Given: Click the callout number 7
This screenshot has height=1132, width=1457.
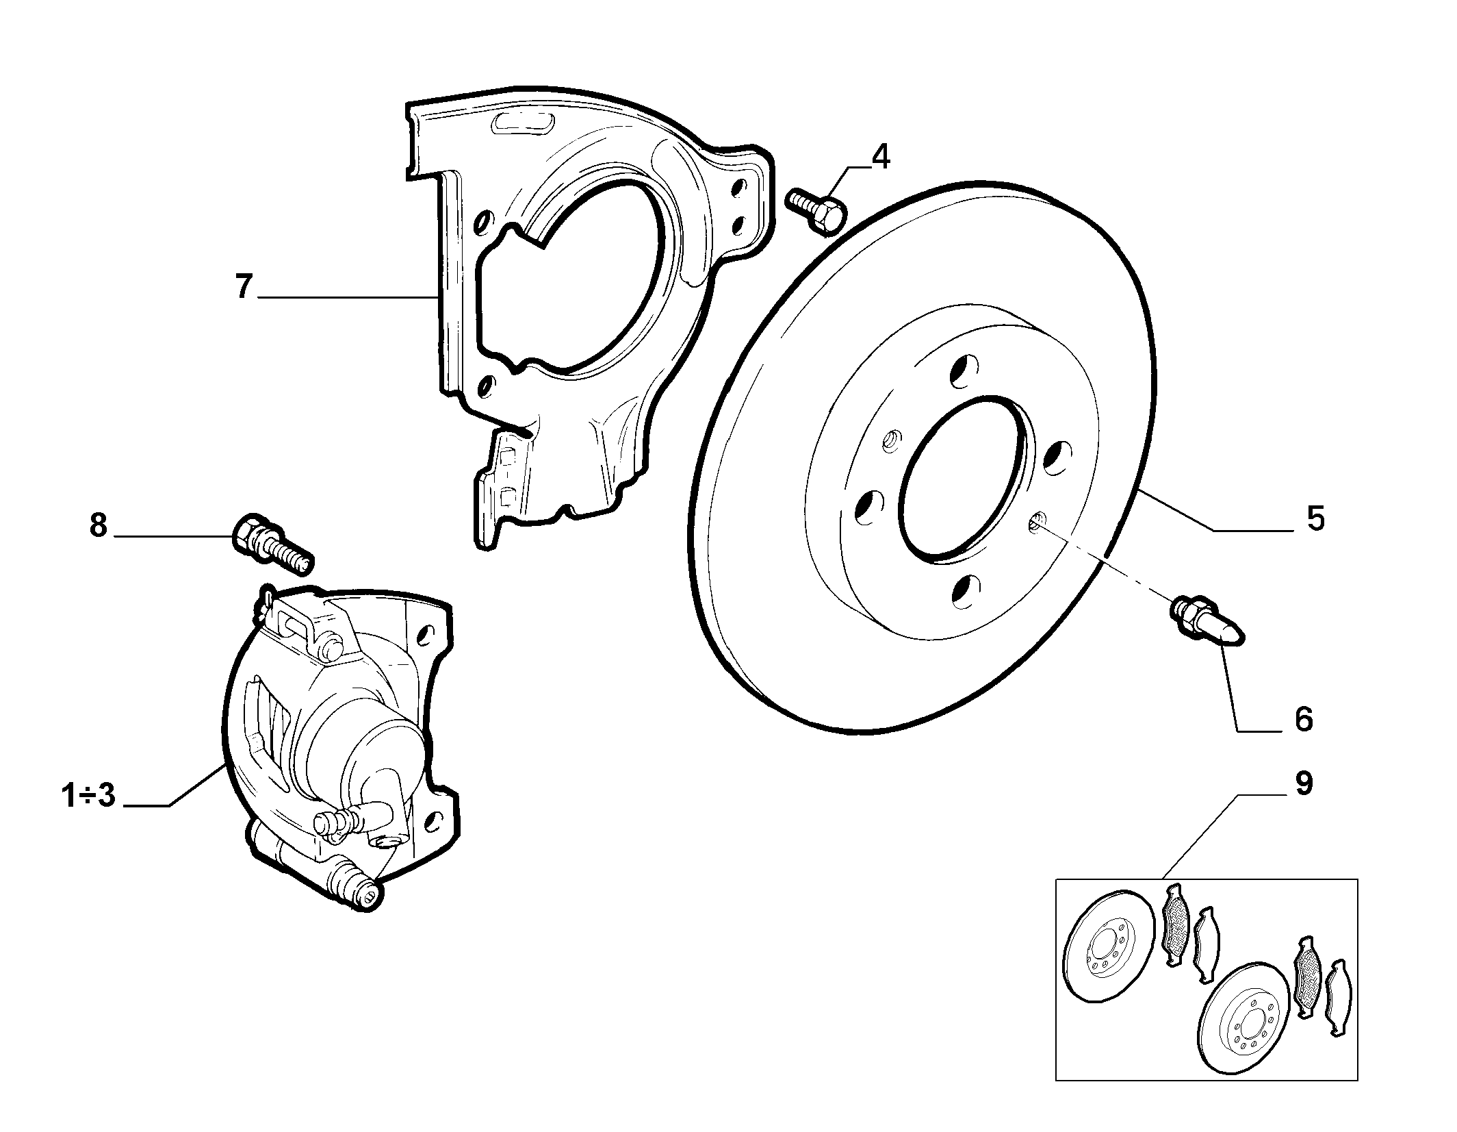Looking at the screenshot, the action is click(x=244, y=286).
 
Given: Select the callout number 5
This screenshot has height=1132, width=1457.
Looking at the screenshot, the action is click(x=1315, y=519).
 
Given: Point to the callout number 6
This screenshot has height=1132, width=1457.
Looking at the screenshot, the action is click(x=1303, y=719).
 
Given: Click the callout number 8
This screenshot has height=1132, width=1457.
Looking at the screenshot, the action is click(x=99, y=526).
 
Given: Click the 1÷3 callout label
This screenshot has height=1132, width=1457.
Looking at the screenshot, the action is click(x=88, y=797).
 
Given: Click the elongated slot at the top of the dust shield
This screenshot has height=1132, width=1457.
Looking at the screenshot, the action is click(x=522, y=127).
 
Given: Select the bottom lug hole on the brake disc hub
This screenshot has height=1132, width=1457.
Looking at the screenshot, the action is click(x=966, y=591).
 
